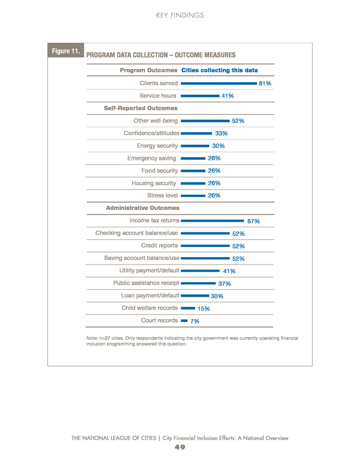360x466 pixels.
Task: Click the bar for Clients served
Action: (219, 83)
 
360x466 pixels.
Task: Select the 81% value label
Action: (265, 83)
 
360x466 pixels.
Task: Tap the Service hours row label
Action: (157, 96)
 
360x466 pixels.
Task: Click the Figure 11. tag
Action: (66, 51)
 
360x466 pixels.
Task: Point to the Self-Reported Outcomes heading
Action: (141, 108)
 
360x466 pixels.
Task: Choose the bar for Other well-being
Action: (205, 121)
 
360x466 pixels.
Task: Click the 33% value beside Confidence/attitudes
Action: (221, 133)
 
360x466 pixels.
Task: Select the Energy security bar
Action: (195, 146)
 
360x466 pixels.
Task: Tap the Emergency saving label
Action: (151, 158)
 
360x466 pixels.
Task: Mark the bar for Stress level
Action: (193, 195)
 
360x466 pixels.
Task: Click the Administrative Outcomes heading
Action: (142, 208)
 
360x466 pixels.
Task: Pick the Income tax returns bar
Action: (213, 221)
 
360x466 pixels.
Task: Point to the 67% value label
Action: (253, 221)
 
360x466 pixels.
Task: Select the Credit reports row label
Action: (159, 245)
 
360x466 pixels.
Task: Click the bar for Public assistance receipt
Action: (198, 283)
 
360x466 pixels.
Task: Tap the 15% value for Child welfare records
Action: (204, 309)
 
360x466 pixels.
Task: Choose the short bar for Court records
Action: (184, 321)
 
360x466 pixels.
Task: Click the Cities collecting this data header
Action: (219, 70)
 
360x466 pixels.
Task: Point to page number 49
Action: (180, 447)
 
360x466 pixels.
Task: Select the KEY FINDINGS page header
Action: (180, 15)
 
